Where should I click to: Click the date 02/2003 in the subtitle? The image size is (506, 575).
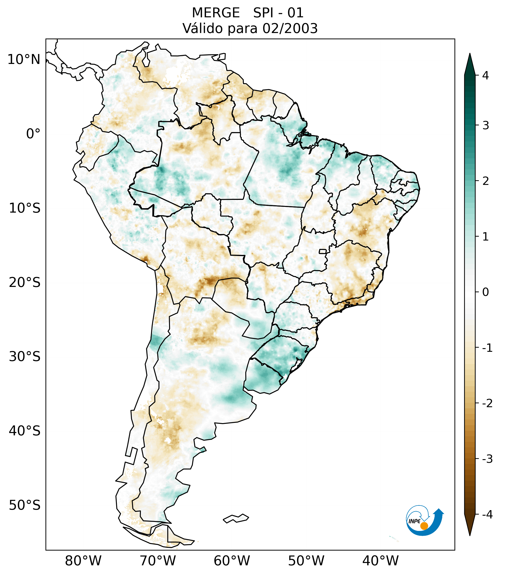pyautogui.click(x=290, y=28)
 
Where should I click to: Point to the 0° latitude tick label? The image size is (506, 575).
pyautogui.click(x=33, y=134)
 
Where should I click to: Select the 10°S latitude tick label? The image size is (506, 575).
pyautogui.click(x=25, y=208)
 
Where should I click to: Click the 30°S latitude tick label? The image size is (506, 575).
pyautogui.click(x=25, y=357)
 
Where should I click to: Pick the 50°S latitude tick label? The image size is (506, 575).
pyautogui.click(x=25, y=505)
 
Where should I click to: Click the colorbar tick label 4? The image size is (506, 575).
pyautogui.click(x=485, y=75)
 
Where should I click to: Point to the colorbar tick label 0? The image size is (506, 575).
pyautogui.click(x=485, y=292)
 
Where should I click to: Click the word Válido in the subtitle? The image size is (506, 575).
pyautogui.click(x=203, y=28)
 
